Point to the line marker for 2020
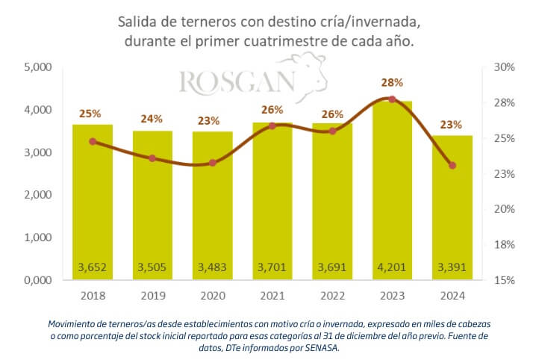pos(213,163)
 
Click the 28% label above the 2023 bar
pos(392,83)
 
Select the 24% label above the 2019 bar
pos(152,118)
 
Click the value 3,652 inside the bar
pos(93,267)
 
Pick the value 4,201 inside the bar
pos(392,267)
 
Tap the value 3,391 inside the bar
pos(452,267)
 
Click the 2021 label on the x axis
pos(272,295)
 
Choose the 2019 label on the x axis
pos(152,295)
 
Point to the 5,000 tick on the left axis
pos(37,67)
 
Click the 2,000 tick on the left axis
pos(37,195)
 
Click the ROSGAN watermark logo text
pos(237,83)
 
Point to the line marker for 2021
pos(272,125)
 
